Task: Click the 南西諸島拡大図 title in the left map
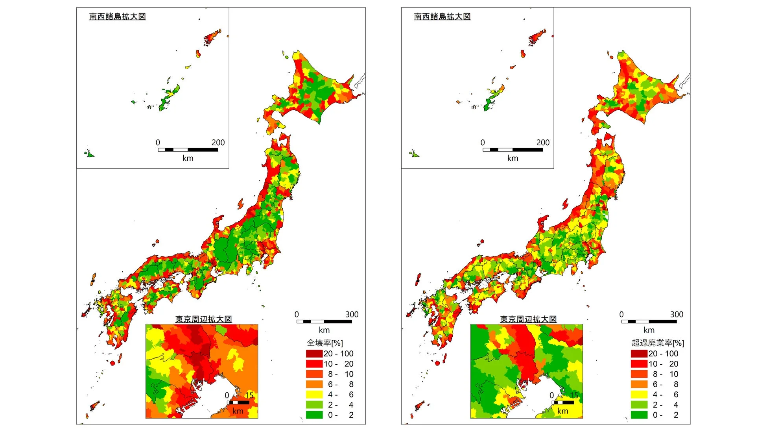[117, 17]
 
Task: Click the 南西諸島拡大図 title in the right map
[442, 17]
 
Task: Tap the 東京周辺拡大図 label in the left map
[203, 319]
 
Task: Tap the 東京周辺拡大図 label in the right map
[528, 319]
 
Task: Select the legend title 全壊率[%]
[325, 343]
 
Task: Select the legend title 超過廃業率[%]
[658, 343]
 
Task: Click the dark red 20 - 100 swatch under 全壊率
[314, 354]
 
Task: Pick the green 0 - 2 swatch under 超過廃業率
[639, 415]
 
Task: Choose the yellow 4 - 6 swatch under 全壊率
[314, 394]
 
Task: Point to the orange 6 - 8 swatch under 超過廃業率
[639, 384]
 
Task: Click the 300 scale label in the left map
[352, 314]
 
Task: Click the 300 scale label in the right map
[677, 314]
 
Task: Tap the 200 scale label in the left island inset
[218, 143]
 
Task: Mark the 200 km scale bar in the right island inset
[513, 150]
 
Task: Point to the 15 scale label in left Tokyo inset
[249, 395]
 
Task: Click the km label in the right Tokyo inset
[563, 411]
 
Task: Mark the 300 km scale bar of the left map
[324, 321]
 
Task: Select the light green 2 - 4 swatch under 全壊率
[314, 404]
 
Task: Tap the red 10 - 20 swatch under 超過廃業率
[639, 363]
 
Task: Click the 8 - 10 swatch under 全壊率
[314, 374]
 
